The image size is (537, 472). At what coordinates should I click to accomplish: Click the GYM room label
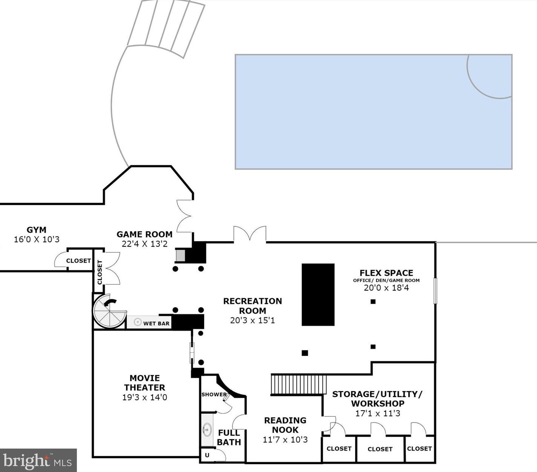pos(36,229)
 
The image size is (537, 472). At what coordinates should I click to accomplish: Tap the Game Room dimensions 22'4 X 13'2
pos(145,244)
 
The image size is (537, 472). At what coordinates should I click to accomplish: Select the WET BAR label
pos(156,323)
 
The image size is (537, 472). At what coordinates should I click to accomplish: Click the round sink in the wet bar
pos(137,322)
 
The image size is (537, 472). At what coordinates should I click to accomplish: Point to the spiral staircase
pos(109,311)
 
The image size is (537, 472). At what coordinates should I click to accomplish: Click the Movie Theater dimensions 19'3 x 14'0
pos(145,398)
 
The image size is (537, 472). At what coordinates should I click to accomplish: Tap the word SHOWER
pos(214,395)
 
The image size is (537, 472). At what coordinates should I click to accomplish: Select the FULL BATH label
pos(229,437)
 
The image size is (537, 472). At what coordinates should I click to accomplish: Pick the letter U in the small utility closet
pos(207,455)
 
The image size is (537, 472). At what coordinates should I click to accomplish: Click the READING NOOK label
pos(285,425)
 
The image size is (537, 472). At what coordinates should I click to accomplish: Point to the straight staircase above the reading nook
pos(299,385)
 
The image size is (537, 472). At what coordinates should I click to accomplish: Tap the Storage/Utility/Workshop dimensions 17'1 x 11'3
pos(378,413)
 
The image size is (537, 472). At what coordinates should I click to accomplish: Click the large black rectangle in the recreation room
pos(318,294)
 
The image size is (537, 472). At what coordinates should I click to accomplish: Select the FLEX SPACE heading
pos(386,273)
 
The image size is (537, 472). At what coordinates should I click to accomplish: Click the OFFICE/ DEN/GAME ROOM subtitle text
pos(386,280)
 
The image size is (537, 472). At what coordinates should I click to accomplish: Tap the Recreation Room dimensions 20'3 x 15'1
pos(252,320)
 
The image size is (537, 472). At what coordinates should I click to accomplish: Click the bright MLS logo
pos(38,460)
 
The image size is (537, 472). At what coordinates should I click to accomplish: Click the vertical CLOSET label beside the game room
pos(100,272)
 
